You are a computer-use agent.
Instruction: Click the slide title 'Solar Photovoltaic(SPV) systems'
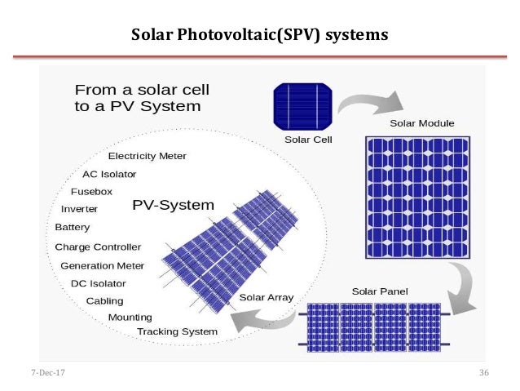point(260,35)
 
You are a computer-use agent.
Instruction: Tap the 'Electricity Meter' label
point(148,156)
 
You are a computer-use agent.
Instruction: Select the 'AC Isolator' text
point(109,174)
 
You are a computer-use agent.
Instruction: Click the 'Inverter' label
point(79,209)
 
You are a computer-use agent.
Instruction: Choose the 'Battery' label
point(73,228)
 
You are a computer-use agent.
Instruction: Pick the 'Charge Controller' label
point(98,247)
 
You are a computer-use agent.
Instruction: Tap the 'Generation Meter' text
point(102,265)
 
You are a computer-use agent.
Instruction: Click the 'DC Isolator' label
point(98,283)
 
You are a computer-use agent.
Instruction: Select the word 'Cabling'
point(105,300)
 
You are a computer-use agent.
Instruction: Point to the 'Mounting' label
point(130,317)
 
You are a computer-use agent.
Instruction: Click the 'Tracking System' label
point(177,331)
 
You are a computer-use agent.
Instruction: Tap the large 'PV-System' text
point(173,205)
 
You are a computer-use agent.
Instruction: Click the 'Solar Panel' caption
point(380,291)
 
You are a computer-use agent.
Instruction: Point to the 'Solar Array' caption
point(266,297)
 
